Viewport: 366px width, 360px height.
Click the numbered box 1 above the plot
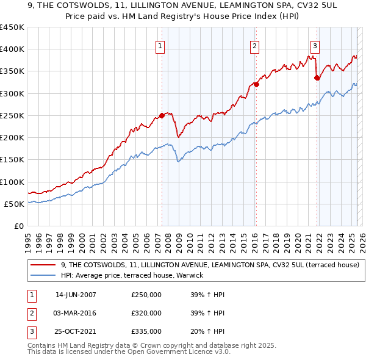tap(160, 45)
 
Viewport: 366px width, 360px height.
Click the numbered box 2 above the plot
tap(254, 45)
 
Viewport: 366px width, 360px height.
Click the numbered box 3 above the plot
tap(315, 45)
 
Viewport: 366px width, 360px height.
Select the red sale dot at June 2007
tap(162, 115)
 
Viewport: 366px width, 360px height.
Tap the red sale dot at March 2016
tap(256, 85)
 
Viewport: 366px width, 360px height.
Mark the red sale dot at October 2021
tap(317, 77)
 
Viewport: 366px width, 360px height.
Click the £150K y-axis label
tap(12, 160)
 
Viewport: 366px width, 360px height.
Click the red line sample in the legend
tap(43, 265)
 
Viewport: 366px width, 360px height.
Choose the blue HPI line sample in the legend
tap(43, 276)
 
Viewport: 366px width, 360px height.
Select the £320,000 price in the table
tap(146, 314)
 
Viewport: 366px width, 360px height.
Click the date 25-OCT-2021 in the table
tap(76, 332)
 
